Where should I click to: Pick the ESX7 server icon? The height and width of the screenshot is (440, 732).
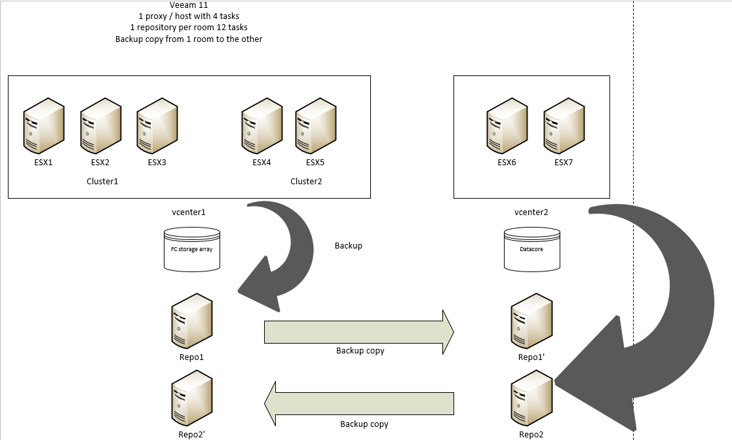tap(564, 124)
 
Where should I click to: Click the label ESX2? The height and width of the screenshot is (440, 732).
tap(100, 163)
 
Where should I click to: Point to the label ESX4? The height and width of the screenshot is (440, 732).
tap(261, 163)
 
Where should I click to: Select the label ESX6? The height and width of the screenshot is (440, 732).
tap(507, 163)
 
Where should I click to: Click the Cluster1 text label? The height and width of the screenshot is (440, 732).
tap(102, 181)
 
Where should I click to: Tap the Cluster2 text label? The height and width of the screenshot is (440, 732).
tap(306, 181)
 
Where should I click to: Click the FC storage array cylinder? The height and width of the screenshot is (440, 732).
tap(191, 249)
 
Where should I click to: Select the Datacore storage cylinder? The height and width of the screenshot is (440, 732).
tap(532, 249)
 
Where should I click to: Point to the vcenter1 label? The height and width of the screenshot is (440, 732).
tap(189, 212)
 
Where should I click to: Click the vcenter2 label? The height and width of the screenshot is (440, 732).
tap(531, 212)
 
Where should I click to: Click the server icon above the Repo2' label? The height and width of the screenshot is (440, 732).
tap(191, 399)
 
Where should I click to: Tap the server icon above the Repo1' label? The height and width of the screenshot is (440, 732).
tap(531, 321)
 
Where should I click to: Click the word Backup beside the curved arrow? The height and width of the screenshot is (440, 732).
tap(348, 246)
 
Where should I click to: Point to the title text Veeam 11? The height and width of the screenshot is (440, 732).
tap(189, 5)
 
